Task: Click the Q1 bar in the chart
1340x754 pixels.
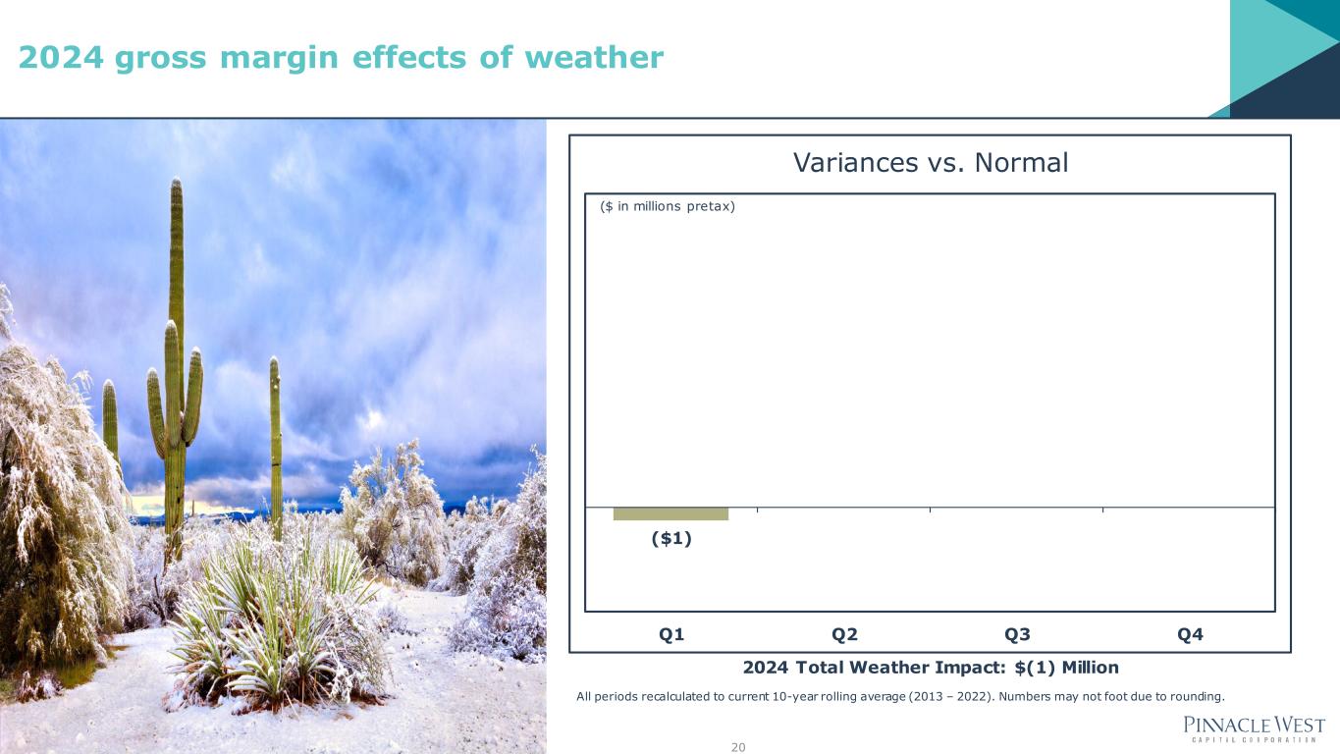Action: point(670,513)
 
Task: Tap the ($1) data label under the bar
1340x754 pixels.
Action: point(671,538)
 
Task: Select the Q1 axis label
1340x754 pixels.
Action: point(671,634)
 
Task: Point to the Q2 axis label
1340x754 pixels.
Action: point(844,634)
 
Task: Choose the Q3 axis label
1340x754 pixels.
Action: point(1017,634)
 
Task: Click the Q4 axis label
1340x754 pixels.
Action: point(1190,634)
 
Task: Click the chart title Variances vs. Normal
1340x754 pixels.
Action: point(930,162)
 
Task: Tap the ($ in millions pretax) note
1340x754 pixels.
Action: point(668,206)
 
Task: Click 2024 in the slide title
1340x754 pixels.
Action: point(61,58)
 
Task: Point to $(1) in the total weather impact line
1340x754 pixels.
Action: point(1035,668)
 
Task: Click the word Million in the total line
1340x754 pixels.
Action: point(1090,668)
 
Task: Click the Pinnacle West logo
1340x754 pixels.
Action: point(1254,728)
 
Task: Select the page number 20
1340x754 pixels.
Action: point(738,747)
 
